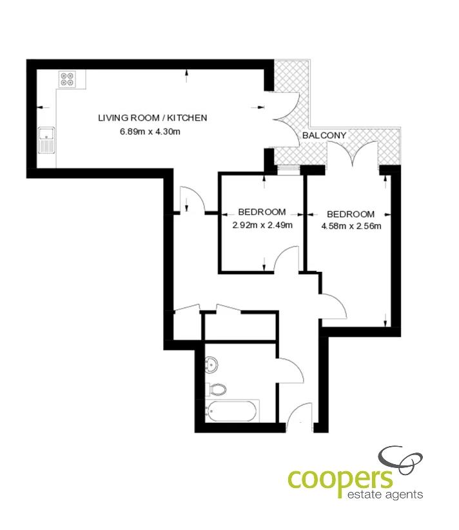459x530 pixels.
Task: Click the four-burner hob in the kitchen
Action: pyautogui.click(x=67, y=79)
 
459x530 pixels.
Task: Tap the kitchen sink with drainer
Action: pyautogui.click(x=46, y=140)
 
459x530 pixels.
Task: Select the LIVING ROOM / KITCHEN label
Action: pyautogui.click(x=153, y=118)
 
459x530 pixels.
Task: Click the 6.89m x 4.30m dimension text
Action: pyautogui.click(x=150, y=132)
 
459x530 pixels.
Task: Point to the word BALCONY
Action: pyautogui.click(x=324, y=136)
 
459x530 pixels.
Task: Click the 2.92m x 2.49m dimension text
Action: pyautogui.click(x=262, y=225)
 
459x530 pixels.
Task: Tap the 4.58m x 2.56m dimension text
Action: pyautogui.click(x=351, y=227)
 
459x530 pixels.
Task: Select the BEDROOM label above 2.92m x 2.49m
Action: pyautogui.click(x=262, y=212)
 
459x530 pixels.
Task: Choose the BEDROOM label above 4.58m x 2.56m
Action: pyautogui.click(x=351, y=214)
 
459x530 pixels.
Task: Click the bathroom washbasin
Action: pyautogui.click(x=211, y=365)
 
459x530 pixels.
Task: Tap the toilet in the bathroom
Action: pyautogui.click(x=216, y=389)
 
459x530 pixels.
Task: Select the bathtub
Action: pyautogui.click(x=232, y=411)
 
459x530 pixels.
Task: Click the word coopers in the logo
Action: pyautogui.click(x=340, y=479)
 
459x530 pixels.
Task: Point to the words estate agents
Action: pyautogui.click(x=385, y=494)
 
